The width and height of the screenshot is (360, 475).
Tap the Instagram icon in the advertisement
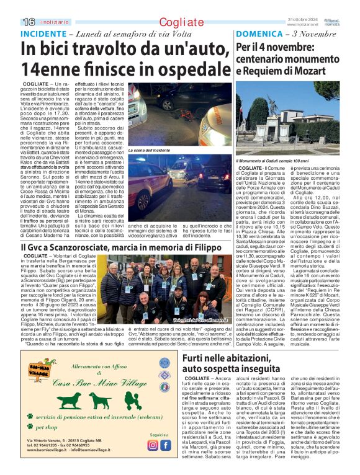pos(152,445)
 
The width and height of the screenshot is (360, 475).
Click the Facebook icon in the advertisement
pos(165,445)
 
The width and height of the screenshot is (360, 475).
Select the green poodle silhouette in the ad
pos(101,400)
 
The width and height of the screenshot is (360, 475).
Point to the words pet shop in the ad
pos(49,427)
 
